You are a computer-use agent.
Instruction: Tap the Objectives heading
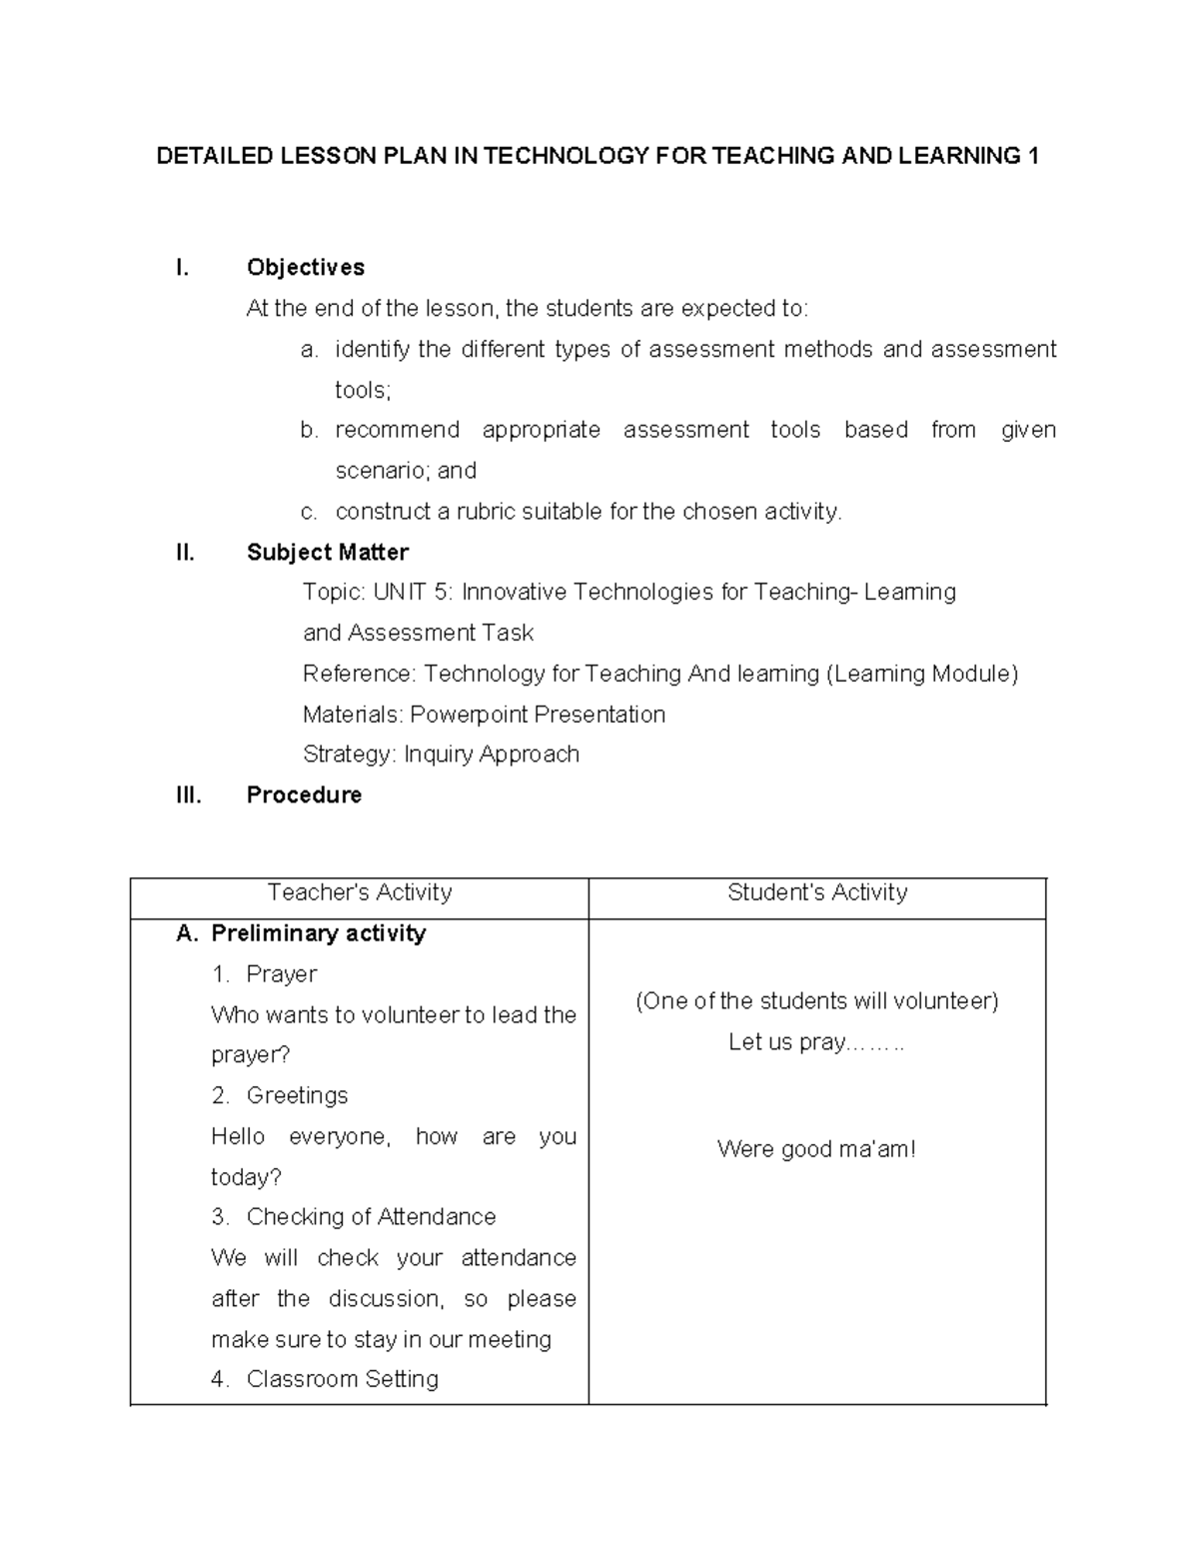click(305, 268)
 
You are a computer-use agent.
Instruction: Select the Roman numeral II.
click(185, 553)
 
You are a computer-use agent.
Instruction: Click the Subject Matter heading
click(327, 553)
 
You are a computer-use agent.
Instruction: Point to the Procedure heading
click(304, 795)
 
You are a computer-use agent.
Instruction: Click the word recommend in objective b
click(397, 430)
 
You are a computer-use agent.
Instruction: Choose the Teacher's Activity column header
click(360, 892)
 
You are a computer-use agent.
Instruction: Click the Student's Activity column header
click(817, 892)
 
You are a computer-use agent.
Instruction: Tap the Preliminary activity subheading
click(318, 933)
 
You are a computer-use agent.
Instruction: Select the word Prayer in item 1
click(281, 974)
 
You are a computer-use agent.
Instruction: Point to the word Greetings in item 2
click(297, 1096)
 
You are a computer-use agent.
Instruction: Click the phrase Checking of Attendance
click(371, 1217)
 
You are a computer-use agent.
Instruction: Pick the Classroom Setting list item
click(342, 1380)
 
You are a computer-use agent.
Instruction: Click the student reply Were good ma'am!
click(816, 1149)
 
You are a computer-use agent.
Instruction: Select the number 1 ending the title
click(1033, 156)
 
